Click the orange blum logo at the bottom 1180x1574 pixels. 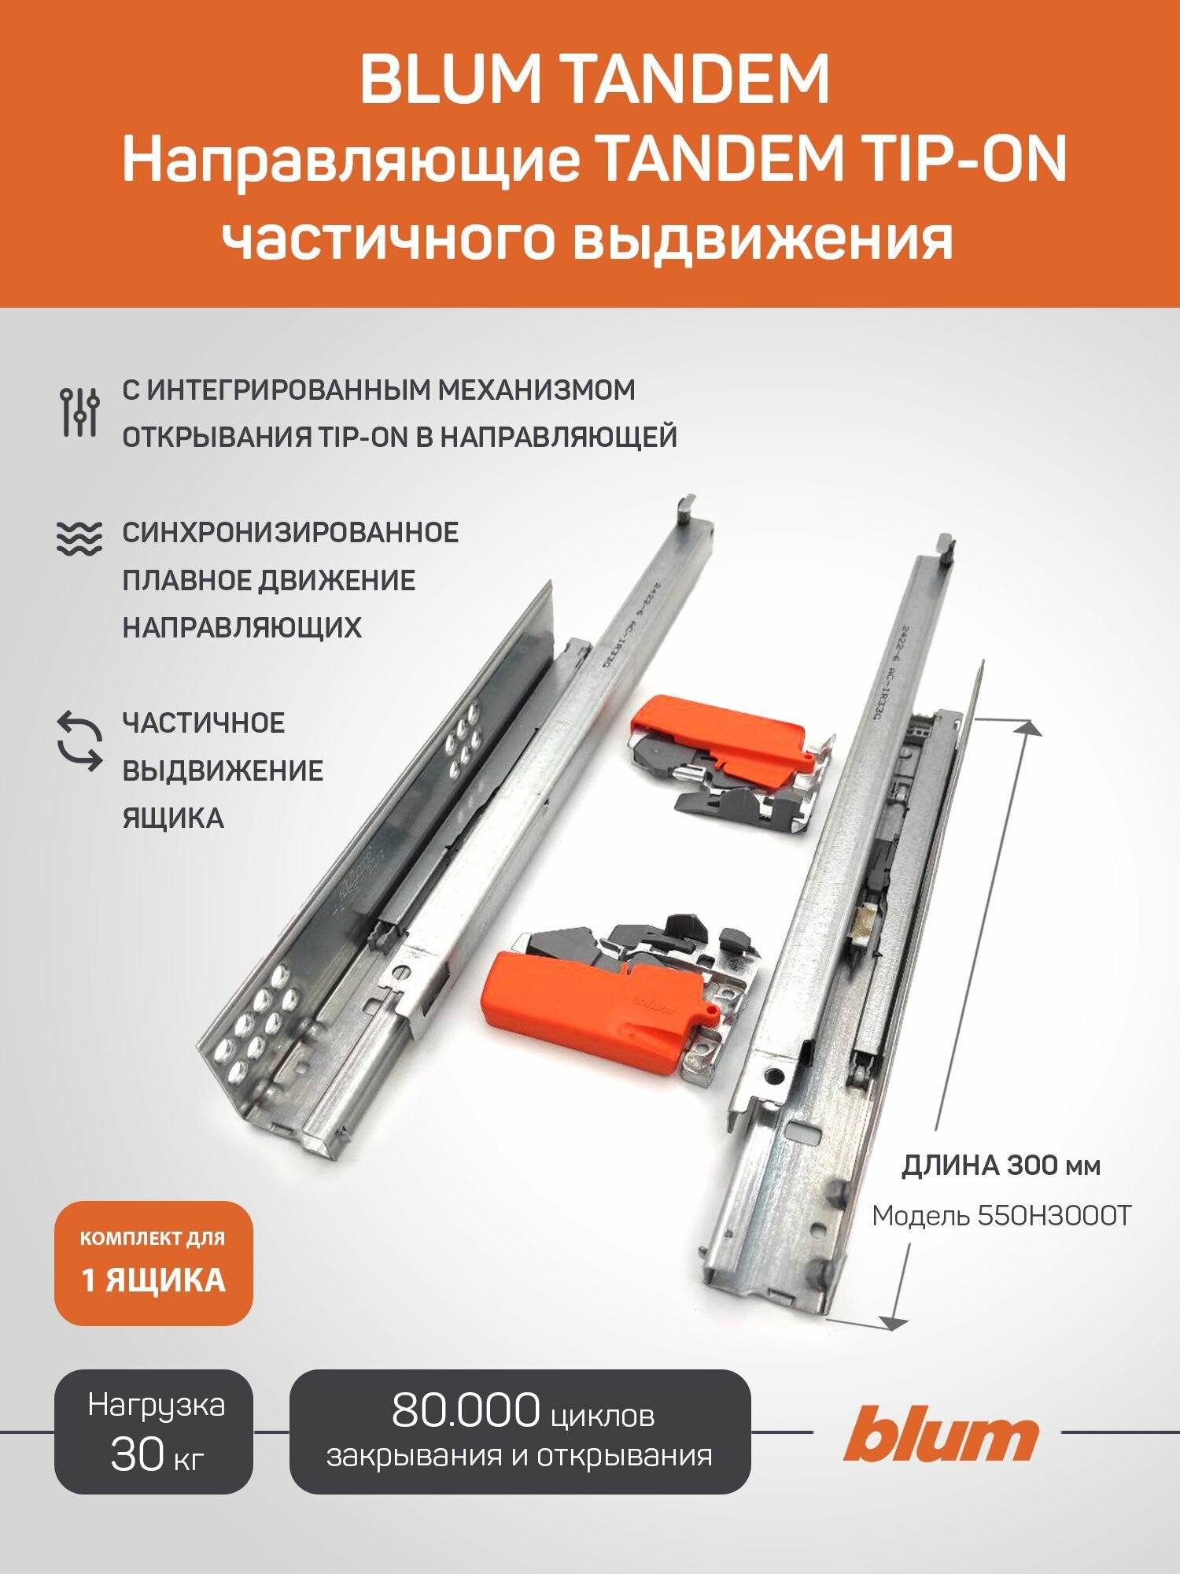pyautogui.click(x=941, y=1433)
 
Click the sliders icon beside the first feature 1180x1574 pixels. pyautogui.click(x=79, y=412)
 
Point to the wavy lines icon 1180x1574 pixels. pyautogui.click(x=79, y=539)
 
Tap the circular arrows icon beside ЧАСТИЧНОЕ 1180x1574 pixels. pyautogui.click(x=79, y=741)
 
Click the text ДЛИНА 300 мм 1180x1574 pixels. pyautogui.click(x=1001, y=1166)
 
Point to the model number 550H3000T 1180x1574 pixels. pyautogui.click(x=1054, y=1216)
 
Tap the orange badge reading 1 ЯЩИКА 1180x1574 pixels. pyautogui.click(x=153, y=1281)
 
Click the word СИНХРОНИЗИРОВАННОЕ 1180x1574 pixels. pyautogui.click(x=290, y=533)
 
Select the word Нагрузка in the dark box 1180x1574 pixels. pyautogui.click(x=156, y=1406)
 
